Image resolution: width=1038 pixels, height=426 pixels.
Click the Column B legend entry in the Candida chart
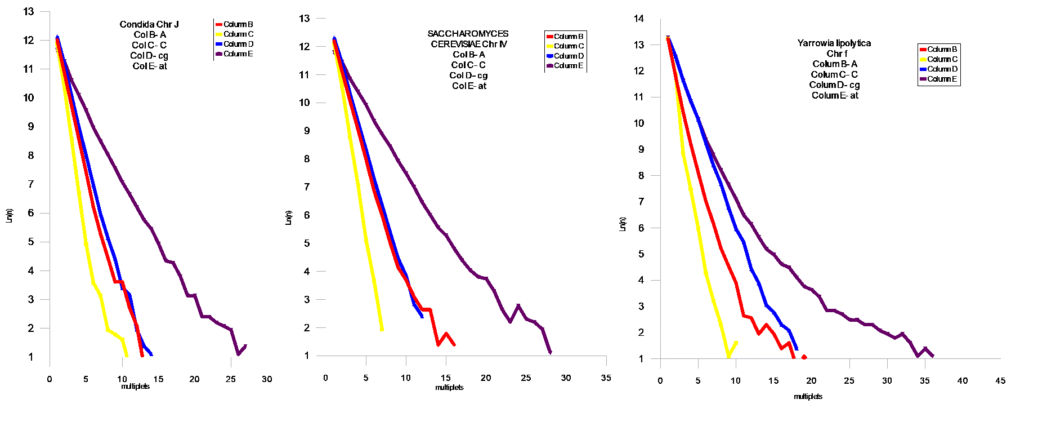pyautogui.click(x=235, y=24)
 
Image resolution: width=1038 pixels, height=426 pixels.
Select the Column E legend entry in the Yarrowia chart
pyautogui.click(x=938, y=79)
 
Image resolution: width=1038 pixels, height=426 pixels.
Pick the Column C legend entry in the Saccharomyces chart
pyautogui.click(x=565, y=46)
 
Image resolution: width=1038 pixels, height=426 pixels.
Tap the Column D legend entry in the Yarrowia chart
pyautogui.click(x=938, y=69)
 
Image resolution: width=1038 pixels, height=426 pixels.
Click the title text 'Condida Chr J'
pyautogui.click(x=149, y=24)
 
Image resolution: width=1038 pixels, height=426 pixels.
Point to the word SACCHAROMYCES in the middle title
pyautogui.click(x=468, y=34)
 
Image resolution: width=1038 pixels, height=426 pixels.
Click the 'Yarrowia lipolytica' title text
pyautogui.click(x=834, y=43)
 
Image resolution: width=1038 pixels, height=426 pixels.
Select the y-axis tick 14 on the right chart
pyautogui.click(x=638, y=19)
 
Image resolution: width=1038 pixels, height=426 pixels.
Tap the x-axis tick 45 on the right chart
pyautogui.click(x=1000, y=381)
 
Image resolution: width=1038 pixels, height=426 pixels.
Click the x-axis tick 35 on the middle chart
pyautogui.click(x=606, y=378)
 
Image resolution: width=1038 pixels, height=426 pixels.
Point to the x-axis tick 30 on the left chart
pyautogui.click(x=267, y=379)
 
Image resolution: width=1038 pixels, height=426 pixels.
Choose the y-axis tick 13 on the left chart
pyautogui.click(x=29, y=11)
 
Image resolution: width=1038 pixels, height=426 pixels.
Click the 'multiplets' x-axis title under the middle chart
pyautogui.click(x=449, y=388)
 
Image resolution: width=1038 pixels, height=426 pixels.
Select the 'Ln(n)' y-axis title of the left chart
pyautogui.click(x=9, y=215)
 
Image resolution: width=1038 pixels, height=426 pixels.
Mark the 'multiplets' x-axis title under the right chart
pyautogui.click(x=808, y=397)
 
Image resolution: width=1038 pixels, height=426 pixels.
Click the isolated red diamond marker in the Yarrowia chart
pyautogui.click(x=804, y=357)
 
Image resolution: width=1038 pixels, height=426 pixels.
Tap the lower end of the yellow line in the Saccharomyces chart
pyautogui.click(x=382, y=329)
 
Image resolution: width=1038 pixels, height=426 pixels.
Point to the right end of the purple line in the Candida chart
pyautogui.click(x=245, y=346)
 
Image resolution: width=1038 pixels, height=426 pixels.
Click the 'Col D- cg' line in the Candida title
pyautogui.click(x=149, y=56)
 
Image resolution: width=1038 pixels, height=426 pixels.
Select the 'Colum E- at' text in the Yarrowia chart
pyautogui.click(x=835, y=96)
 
